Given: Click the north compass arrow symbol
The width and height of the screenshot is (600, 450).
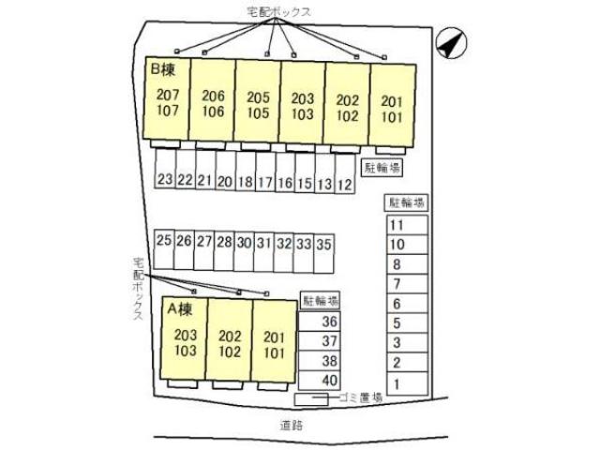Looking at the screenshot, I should coord(450,42).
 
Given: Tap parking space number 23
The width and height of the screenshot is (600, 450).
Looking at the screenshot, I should coord(164,180).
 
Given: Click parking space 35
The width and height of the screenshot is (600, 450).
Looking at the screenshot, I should coord(323,242).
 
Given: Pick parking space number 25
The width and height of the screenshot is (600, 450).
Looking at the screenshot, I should coord(164,241).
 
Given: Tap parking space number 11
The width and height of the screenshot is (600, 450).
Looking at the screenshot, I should coord(397,225).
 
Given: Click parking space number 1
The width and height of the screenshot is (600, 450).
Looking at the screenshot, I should coord(397,382).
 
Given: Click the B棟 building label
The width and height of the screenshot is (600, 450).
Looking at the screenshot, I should coord(162,70).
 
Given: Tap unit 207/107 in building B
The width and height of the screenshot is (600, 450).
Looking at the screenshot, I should coord(168,102).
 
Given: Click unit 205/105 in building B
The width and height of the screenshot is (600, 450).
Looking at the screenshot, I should coord(258,104).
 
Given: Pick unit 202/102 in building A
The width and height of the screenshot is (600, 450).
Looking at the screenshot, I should coord(229,344).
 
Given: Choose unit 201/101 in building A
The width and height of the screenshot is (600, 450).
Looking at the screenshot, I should coord(274,344).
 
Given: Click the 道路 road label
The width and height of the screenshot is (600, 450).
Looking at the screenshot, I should coord(292,424).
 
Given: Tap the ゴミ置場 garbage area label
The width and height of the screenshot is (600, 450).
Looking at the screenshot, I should coord(363,397).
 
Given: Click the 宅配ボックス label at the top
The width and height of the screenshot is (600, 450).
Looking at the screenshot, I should coord(278,10).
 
